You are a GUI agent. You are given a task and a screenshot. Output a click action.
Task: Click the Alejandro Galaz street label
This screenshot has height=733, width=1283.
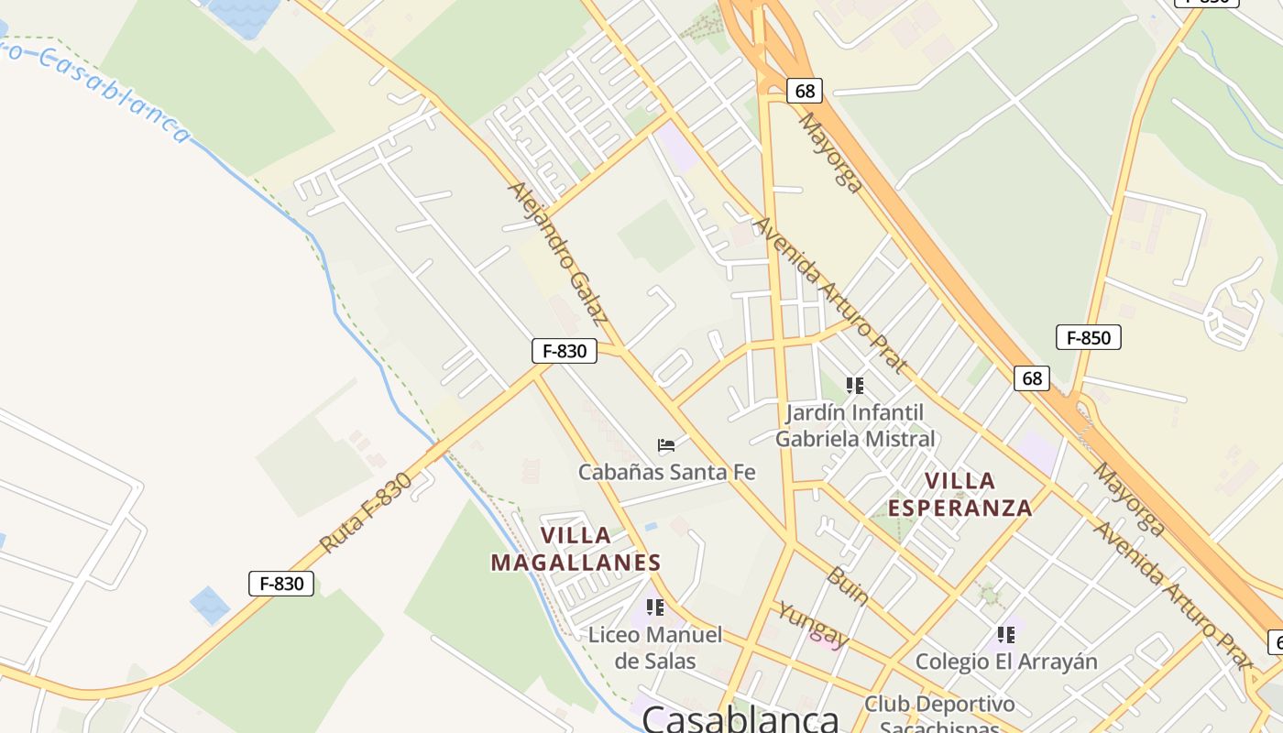558,254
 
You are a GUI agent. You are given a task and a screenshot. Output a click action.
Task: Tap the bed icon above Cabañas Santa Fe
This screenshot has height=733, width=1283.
666,446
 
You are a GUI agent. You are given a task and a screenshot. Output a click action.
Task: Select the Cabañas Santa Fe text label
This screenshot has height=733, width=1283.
666,472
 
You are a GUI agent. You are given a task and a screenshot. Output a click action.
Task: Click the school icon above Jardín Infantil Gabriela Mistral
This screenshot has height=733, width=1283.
855,386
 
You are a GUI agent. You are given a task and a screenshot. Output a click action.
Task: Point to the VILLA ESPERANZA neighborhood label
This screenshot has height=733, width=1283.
960,494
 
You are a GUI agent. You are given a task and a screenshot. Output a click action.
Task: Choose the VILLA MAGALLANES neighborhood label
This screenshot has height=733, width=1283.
576,549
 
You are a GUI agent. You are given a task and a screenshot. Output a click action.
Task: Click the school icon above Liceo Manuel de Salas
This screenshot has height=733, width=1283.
655,607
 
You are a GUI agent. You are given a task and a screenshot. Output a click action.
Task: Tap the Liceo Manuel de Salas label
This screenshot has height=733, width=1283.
655,647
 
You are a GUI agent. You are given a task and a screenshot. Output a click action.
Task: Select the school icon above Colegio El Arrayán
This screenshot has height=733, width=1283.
1006,634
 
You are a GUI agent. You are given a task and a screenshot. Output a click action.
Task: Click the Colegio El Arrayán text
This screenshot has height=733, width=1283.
1006,662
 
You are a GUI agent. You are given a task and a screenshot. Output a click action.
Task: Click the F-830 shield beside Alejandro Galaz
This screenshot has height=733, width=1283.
565,350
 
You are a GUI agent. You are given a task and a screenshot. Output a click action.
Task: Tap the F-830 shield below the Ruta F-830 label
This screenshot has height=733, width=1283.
281,584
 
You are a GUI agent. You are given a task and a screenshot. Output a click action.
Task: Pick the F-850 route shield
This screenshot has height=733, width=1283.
1088,337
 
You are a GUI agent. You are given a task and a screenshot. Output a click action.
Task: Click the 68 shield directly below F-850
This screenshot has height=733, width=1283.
1032,377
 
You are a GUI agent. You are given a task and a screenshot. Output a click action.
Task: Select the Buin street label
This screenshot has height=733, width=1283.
847,586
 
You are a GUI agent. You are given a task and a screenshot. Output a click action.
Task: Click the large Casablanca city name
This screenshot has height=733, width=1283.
740,717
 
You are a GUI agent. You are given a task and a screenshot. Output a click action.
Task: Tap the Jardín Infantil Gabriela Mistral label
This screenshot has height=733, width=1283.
855,425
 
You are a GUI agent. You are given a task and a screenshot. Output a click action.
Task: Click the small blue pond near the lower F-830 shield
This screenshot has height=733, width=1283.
210,605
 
